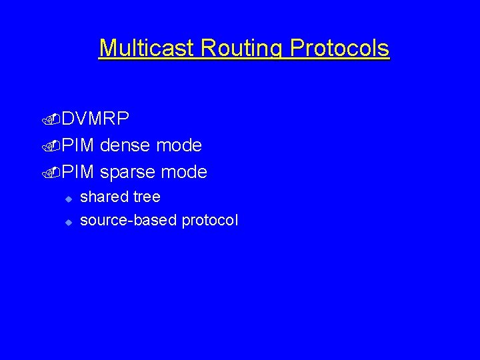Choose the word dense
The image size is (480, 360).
127,145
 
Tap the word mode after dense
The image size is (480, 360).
181,145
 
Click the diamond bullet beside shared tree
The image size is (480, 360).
67,199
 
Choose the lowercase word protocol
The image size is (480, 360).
210,221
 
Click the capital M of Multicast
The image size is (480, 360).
107,48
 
